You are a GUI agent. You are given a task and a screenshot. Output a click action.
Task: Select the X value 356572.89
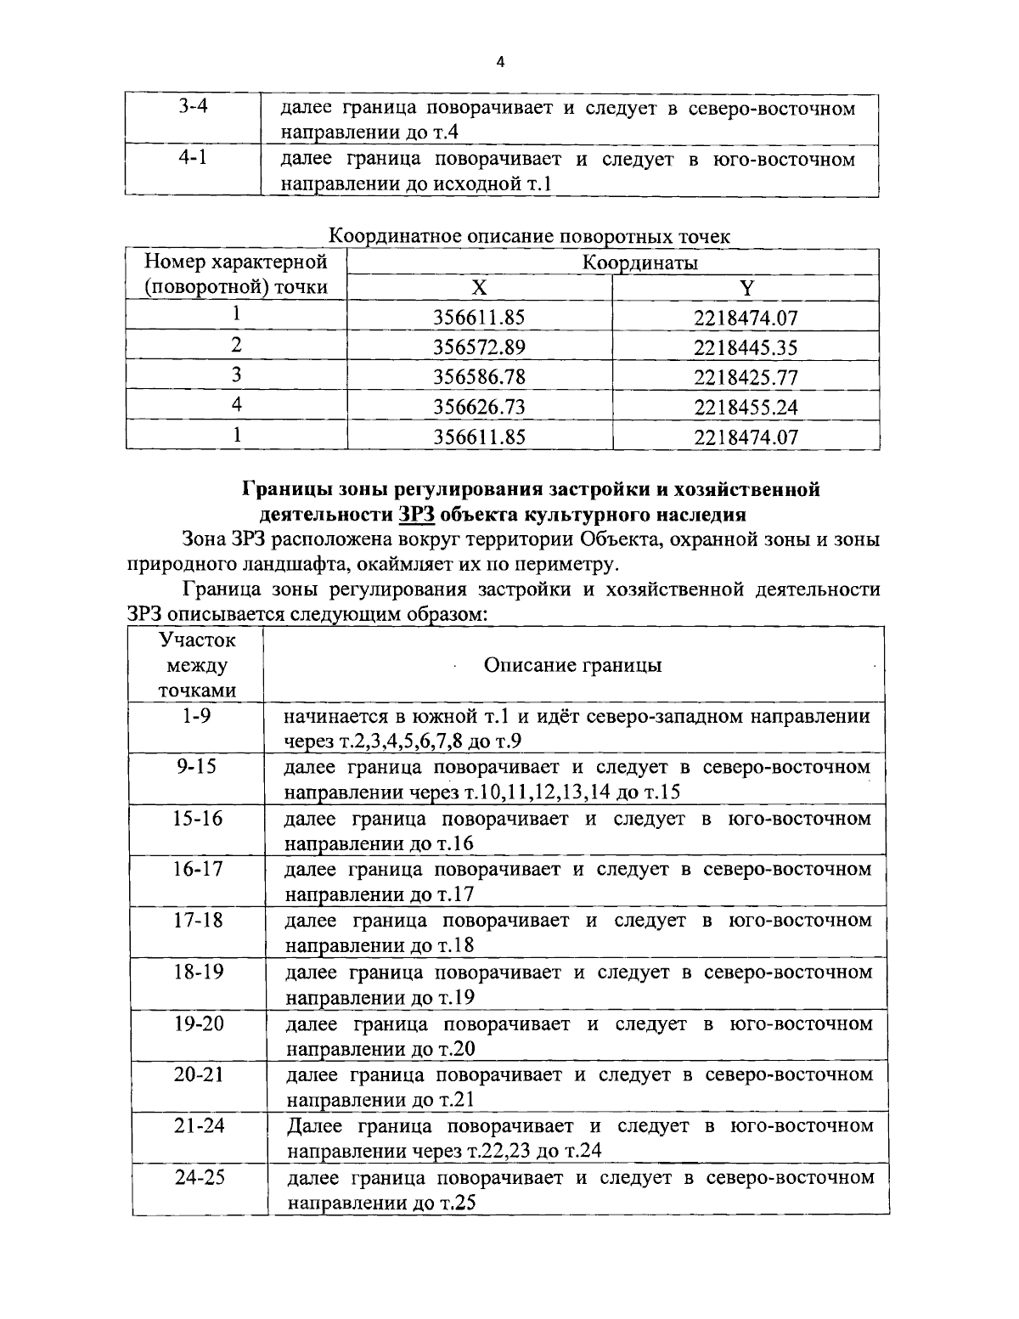click(479, 347)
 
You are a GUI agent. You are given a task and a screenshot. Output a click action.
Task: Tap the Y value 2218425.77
click(746, 377)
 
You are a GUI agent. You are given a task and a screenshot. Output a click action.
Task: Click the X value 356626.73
click(479, 407)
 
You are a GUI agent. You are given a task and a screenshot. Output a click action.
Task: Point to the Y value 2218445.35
click(746, 347)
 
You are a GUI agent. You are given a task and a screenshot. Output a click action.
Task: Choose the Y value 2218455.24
click(746, 407)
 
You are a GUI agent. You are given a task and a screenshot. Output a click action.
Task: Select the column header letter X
click(480, 288)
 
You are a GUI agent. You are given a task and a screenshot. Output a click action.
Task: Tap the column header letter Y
click(746, 288)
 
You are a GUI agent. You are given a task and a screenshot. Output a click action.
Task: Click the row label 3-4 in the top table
click(194, 109)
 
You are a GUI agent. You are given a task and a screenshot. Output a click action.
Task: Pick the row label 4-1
click(194, 159)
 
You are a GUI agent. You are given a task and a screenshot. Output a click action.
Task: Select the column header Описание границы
click(572, 665)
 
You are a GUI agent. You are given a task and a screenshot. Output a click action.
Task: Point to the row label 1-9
click(196, 715)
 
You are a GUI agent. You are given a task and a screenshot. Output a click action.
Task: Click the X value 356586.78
click(479, 377)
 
